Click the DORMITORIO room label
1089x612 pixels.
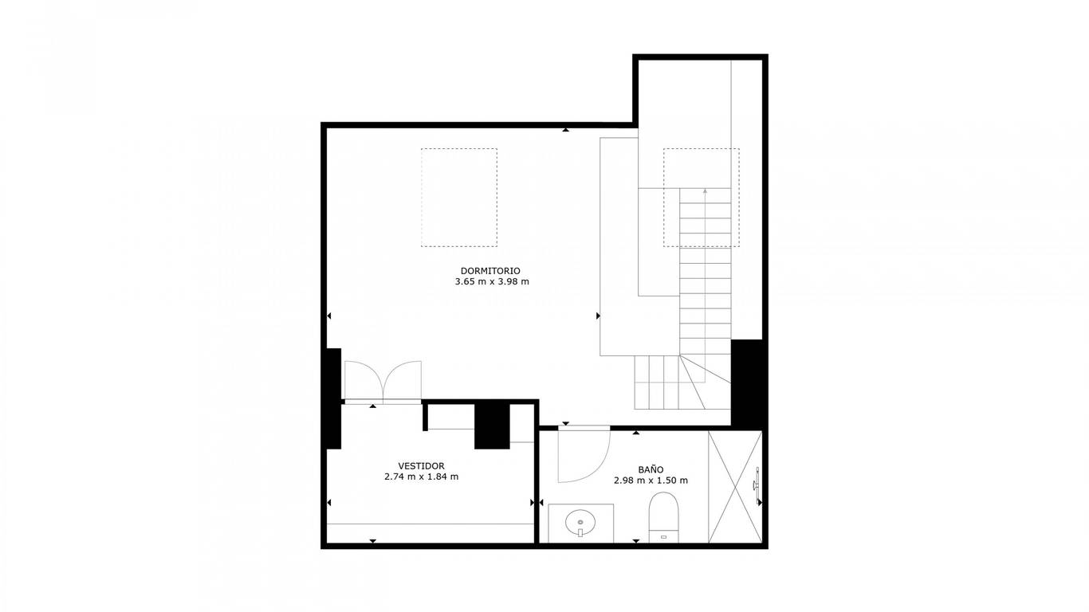point(490,271)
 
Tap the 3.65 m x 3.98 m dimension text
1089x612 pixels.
point(492,281)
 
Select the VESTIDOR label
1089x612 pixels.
point(421,466)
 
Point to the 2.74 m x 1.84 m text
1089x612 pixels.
point(421,477)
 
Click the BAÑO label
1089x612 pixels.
point(651,469)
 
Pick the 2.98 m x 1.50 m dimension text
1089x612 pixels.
point(651,481)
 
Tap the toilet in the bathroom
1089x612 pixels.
point(663,517)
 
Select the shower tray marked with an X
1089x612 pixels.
point(735,487)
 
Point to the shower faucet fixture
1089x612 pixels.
point(756,484)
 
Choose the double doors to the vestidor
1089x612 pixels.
point(383,381)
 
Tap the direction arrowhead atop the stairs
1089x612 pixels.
point(705,191)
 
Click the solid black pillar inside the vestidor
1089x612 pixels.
point(492,426)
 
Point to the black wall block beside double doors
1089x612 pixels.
point(333,398)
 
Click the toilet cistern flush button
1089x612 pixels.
point(664,537)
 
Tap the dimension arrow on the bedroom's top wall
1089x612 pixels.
point(565,130)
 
